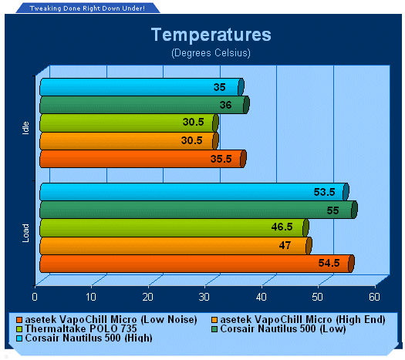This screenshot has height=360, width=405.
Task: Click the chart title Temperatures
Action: (211, 35)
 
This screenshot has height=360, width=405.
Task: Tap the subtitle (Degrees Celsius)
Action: (211, 53)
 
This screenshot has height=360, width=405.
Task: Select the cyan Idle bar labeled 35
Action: (142, 87)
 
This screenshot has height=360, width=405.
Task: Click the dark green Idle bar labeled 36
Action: (144, 105)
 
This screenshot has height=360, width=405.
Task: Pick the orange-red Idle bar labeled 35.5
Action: (143, 159)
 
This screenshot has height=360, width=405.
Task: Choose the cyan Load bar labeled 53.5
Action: (194, 192)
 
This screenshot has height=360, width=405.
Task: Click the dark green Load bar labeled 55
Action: (198, 210)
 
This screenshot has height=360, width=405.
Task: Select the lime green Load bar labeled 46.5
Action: (174, 227)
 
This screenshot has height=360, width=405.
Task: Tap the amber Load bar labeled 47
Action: (176, 246)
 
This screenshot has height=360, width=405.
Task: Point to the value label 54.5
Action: (329, 263)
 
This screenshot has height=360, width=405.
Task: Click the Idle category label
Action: (25, 128)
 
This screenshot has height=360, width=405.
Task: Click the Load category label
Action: (25, 233)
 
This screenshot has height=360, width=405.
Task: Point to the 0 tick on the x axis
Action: (35, 297)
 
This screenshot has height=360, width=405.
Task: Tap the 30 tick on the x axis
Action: (204, 297)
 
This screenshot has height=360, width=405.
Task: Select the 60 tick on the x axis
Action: (374, 297)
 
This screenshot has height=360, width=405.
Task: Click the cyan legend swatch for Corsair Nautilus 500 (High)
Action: (19, 338)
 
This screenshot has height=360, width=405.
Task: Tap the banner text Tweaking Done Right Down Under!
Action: (87, 8)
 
